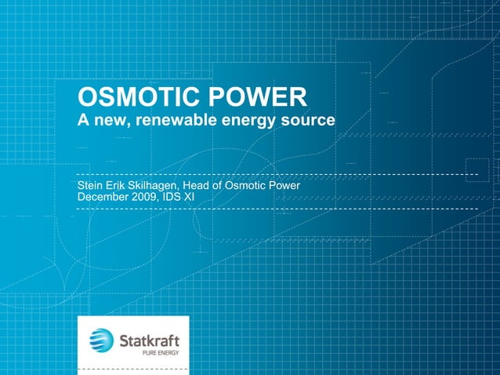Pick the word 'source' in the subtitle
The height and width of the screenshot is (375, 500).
(x=307, y=122)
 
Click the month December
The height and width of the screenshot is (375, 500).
(x=104, y=197)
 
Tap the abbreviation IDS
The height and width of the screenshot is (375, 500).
(x=175, y=197)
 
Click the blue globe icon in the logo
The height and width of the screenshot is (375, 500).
(x=101, y=340)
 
